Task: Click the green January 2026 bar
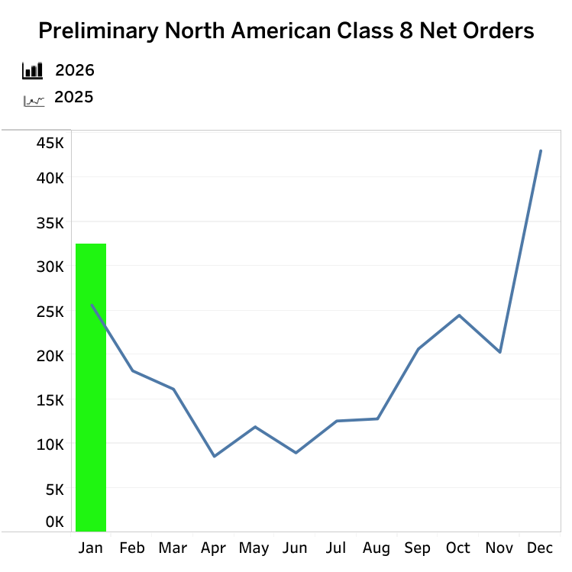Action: tap(91, 387)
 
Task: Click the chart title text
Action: tap(286, 31)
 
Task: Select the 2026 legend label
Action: tap(75, 71)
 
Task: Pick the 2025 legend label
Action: tap(74, 98)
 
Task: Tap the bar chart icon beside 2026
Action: tap(33, 71)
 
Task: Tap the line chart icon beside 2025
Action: tap(34, 99)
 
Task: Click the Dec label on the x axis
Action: tap(540, 548)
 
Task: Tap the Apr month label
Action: tap(214, 548)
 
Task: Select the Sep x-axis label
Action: tap(418, 548)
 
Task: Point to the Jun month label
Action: tap(295, 548)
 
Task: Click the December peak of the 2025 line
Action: tap(541, 150)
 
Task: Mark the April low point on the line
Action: tap(214, 457)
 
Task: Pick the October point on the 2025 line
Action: tap(459, 315)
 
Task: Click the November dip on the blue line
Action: tap(499, 352)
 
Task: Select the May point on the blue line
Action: tap(254, 427)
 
